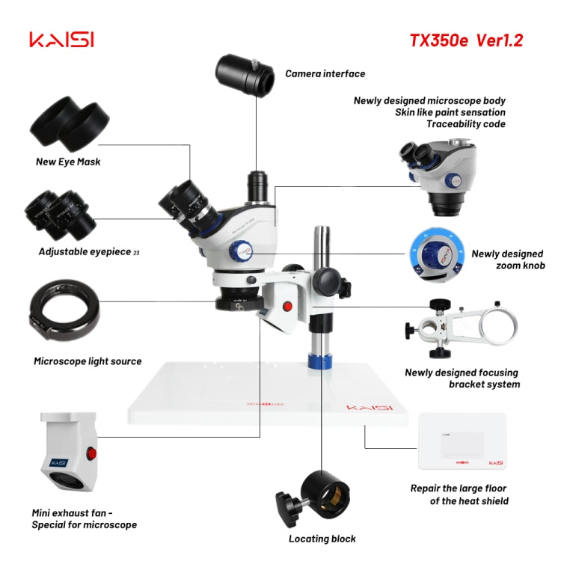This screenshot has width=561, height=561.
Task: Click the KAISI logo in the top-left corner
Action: (61, 40)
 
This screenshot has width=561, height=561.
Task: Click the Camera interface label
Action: (325, 74)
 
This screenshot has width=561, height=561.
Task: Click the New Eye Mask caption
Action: (68, 162)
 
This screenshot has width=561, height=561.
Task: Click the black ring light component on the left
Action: (64, 306)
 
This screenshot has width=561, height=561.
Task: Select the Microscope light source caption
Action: (88, 361)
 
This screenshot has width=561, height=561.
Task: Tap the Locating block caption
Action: (322, 539)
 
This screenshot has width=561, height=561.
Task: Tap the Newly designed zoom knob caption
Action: (506, 260)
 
